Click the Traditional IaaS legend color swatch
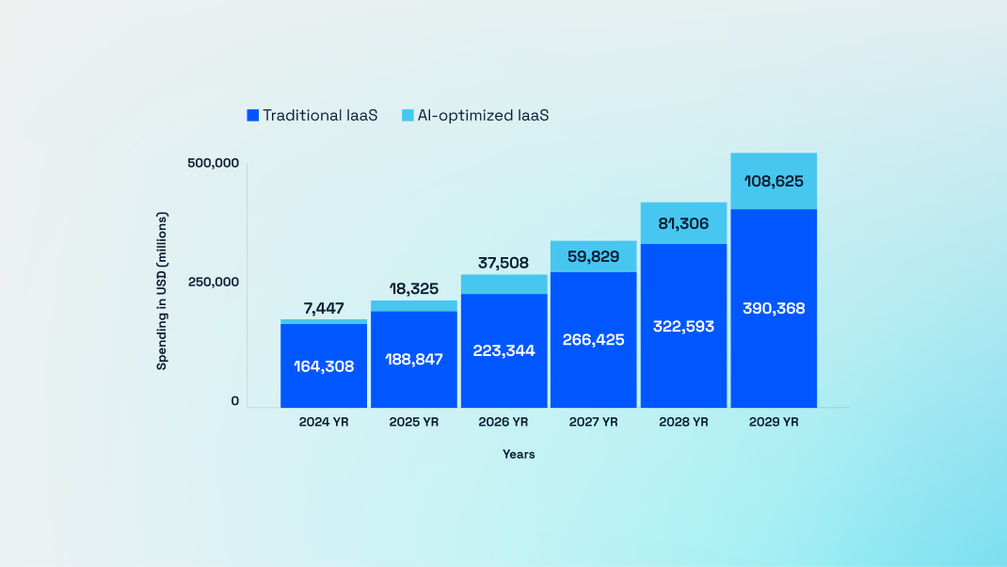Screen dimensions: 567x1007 pos(252,116)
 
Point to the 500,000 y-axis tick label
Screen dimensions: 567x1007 pos(214,163)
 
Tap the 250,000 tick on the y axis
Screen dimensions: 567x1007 pos(214,282)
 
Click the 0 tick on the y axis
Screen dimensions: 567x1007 pos(234,401)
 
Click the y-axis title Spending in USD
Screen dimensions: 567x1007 pos(162,291)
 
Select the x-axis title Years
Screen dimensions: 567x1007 pos(519,454)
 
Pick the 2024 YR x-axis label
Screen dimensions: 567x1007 pos(324,422)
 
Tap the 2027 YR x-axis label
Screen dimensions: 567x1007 pos(593,422)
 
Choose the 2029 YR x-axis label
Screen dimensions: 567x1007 pos(774,422)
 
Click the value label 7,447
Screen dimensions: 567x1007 pos(323,308)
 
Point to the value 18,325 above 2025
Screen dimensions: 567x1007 pos(413,288)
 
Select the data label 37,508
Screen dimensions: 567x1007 pos(503,263)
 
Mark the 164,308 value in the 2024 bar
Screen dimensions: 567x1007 pos(323,366)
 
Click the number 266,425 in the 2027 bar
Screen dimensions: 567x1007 pos(593,340)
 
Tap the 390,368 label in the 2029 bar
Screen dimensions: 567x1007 pos(774,308)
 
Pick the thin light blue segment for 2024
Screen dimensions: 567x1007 pos(323,321)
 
